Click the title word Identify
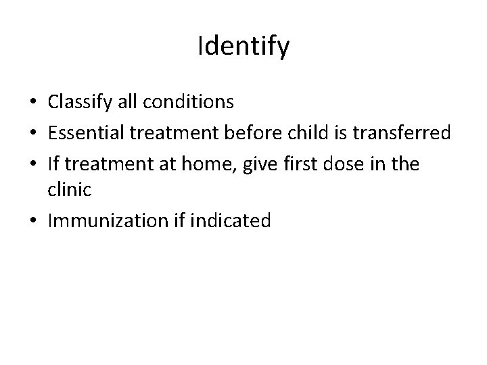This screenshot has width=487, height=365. point(243,47)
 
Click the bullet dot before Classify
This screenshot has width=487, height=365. point(34,103)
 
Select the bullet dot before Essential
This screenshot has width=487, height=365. point(34,134)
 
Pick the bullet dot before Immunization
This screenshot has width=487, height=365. point(34,221)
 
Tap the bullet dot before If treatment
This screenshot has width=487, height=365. point(34,164)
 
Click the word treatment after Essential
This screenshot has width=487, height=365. point(166,133)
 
